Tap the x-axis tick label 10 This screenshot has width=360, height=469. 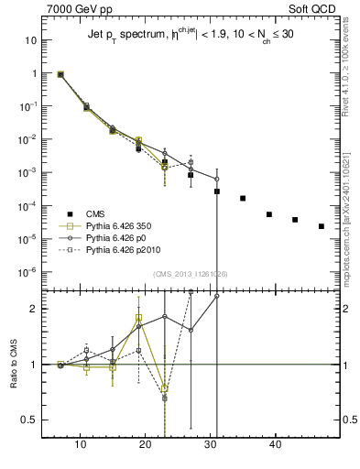(x=81, y=446)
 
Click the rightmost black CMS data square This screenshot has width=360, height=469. (x=322, y=226)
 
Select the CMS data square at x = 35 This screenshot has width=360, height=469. (x=243, y=198)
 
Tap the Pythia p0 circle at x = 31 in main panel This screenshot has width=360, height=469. (x=217, y=179)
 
